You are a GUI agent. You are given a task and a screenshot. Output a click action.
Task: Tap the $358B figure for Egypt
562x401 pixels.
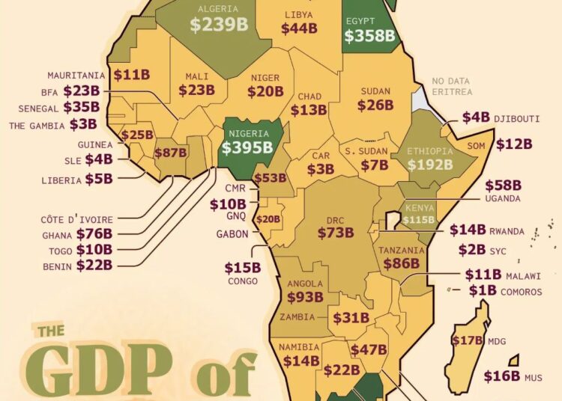(369, 35)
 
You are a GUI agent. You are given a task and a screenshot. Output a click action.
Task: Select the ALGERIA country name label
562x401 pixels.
(218, 9)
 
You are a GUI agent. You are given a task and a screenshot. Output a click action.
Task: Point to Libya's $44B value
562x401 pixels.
(299, 28)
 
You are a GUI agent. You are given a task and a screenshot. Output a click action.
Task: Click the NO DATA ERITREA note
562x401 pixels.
(452, 86)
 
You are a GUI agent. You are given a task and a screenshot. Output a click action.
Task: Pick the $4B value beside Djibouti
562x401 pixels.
(476, 117)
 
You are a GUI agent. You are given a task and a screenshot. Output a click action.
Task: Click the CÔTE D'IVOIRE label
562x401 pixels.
(76, 219)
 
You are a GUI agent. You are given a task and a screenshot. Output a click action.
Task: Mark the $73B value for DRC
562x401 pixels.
(335, 233)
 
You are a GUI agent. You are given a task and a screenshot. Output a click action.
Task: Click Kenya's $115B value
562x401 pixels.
(418, 220)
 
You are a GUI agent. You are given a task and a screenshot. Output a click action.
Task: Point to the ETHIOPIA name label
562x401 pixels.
(430, 151)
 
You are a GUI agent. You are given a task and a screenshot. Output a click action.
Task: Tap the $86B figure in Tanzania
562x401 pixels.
(402, 263)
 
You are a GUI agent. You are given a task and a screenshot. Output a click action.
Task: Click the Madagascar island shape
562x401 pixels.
(466, 344)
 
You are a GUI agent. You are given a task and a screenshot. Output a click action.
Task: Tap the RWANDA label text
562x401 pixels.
(507, 232)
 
